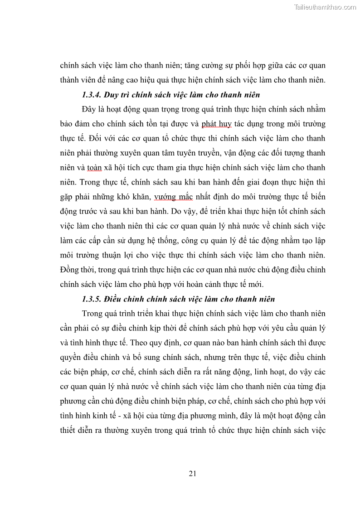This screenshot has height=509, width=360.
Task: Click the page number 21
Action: click(192, 474)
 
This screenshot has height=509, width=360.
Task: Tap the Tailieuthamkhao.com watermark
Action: click(325, 7)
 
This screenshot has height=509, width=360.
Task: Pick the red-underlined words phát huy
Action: click(216, 124)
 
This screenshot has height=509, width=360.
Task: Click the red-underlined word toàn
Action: click(94, 167)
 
